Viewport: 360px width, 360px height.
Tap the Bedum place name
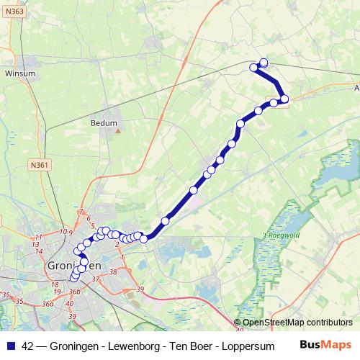coord(103,123)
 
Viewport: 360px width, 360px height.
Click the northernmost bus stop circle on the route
coord(264,63)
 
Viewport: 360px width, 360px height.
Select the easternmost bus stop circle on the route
coord(284,99)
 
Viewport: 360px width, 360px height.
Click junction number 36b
coord(74,292)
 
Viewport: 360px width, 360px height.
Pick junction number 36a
coord(48,304)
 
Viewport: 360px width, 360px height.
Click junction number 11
coord(39,237)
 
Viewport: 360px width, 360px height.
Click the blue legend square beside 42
coord(11,345)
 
